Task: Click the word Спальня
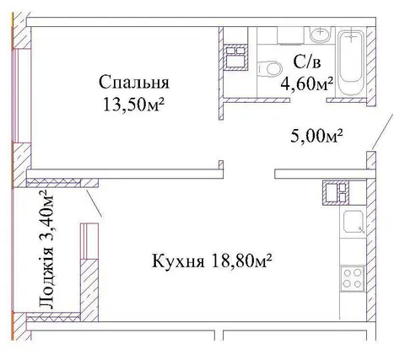[x=134, y=83]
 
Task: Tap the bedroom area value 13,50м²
[x=134, y=104]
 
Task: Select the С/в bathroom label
[x=307, y=62]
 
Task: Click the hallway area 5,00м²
[x=316, y=136]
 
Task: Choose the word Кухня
[x=178, y=261]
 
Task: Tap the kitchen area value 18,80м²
[x=242, y=261]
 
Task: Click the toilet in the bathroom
[x=269, y=68]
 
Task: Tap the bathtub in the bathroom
[x=351, y=62]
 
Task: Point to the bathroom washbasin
[x=321, y=35]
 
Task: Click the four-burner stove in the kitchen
[x=353, y=279]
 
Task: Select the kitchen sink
[x=354, y=222]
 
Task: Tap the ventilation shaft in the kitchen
[x=336, y=192]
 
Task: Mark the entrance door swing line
[x=382, y=132]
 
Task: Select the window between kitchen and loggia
[x=89, y=241]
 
